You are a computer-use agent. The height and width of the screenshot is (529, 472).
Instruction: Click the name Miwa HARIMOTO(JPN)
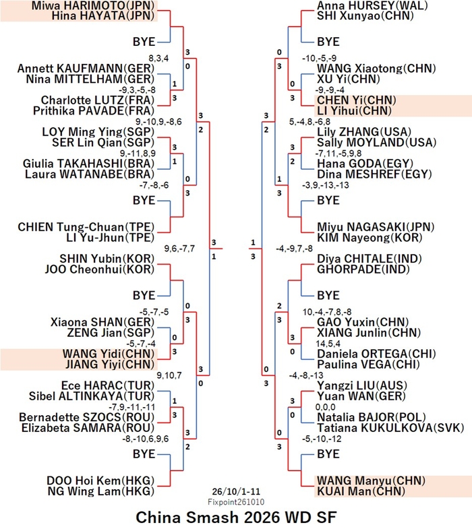tap(93, 5)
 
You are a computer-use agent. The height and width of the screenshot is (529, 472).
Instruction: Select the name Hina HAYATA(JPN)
tap(103, 16)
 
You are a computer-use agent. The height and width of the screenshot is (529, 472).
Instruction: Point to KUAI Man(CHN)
tap(361, 491)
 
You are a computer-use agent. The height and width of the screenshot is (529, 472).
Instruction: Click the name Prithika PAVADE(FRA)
tap(94, 111)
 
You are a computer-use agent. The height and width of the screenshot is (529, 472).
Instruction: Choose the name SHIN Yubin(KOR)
tap(107, 259)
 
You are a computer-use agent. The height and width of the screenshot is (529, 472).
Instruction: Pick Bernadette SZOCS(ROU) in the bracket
tap(87, 417)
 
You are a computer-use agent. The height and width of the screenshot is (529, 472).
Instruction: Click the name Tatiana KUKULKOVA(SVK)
tap(390, 428)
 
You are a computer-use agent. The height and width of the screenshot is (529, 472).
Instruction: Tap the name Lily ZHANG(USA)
tap(364, 132)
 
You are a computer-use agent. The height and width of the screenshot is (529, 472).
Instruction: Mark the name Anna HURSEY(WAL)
tap(372, 5)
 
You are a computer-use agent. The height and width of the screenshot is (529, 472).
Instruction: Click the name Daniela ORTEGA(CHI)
tap(376, 354)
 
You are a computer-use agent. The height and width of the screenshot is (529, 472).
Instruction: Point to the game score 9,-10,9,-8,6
tap(158, 122)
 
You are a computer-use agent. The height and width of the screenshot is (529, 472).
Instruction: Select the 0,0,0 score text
tap(326, 407)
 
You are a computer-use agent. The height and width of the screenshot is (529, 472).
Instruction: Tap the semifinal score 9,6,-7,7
tap(179, 249)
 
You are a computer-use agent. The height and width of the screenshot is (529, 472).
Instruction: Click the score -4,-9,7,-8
tap(294, 249)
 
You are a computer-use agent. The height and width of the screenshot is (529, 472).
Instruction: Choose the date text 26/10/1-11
tap(236, 491)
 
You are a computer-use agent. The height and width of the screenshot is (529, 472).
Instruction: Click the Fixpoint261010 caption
tap(236, 502)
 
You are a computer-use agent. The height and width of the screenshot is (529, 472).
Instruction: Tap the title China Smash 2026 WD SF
tap(236, 517)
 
